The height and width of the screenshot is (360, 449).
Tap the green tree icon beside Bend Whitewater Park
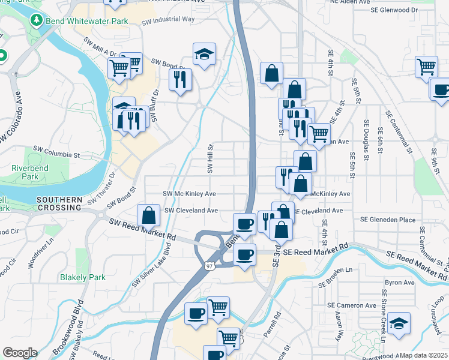coord(37,20)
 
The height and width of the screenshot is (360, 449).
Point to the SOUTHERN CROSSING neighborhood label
coord(59,203)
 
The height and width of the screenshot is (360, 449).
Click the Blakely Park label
coord(82,277)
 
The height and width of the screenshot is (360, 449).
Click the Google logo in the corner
coord(20,353)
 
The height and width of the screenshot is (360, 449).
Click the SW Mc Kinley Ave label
coord(190,194)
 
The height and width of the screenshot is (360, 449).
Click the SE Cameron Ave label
coord(352,305)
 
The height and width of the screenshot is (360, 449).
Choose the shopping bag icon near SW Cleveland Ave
coord(148,215)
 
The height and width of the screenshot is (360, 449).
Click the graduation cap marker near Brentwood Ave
coord(399,324)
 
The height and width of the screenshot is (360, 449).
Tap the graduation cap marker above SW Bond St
coord(204,55)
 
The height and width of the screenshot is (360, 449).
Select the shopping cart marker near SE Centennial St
coord(427,67)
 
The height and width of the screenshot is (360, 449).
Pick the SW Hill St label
coord(211,158)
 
